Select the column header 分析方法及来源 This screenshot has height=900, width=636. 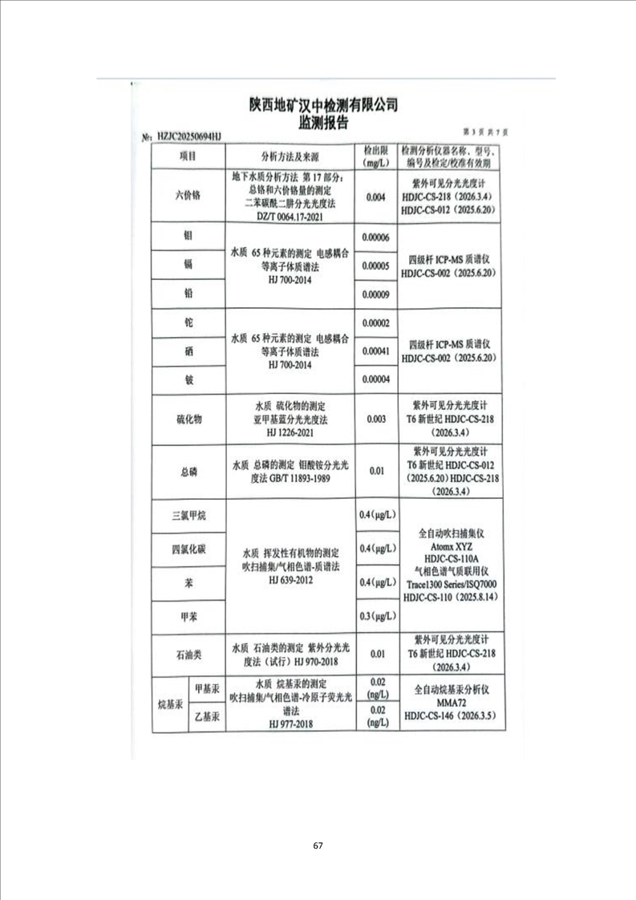pos(290,156)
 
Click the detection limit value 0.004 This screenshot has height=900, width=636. pos(375,196)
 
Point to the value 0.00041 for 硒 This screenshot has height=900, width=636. pos(375,351)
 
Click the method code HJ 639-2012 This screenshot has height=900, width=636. pos(290,578)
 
